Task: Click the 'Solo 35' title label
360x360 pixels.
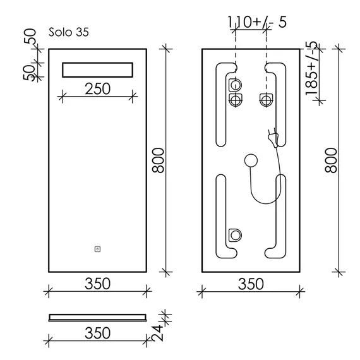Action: pos(68,32)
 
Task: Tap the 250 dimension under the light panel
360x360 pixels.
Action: pos(97,89)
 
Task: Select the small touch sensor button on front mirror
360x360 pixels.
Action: pos(97,249)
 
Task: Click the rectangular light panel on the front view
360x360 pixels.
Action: pos(97,70)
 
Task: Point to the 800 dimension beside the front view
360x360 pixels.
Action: pos(159,160)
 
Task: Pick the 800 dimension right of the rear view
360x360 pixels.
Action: pos(331,160)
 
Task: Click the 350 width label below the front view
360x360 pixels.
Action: pos(97,284)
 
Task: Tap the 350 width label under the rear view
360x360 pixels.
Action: pos(251,284)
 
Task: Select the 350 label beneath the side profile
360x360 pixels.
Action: pos(97,333)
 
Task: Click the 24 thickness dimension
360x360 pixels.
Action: pos(158,333)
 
